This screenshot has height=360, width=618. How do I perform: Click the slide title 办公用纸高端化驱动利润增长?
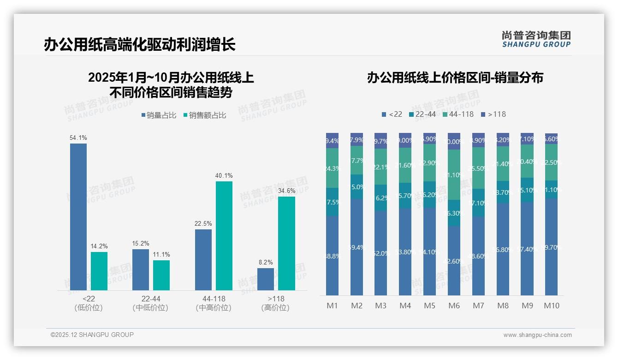point(139,45)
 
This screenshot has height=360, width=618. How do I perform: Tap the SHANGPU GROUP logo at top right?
point(536,39)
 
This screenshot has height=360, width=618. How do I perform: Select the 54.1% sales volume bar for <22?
point(78,216)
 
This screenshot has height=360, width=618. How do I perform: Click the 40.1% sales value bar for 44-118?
point(224,235)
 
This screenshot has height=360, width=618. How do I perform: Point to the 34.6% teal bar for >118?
point(286,243)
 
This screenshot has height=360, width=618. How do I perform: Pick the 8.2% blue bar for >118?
point(266,279)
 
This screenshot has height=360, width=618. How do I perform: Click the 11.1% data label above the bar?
point(161,254)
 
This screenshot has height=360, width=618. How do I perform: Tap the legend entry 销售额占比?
point(205,115)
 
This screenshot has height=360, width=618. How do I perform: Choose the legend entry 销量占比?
point(159,115)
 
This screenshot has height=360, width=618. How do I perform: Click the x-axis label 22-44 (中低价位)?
point(150,303)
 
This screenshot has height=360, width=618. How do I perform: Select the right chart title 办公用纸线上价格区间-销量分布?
point(455,78)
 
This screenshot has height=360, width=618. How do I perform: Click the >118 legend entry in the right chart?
point(493,114)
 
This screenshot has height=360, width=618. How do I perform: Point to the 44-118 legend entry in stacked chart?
point(458,114)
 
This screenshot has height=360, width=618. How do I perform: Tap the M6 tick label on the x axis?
point(454,306)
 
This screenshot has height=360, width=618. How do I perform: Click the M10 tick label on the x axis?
point(551,306)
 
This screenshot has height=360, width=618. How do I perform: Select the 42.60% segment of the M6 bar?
point(454,260)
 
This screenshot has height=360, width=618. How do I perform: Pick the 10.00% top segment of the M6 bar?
point(454,141)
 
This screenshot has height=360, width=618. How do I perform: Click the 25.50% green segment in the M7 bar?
point(479,168)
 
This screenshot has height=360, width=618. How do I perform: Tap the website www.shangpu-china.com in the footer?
point(537,335)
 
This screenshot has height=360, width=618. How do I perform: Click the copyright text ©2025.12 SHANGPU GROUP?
point(92,335)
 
